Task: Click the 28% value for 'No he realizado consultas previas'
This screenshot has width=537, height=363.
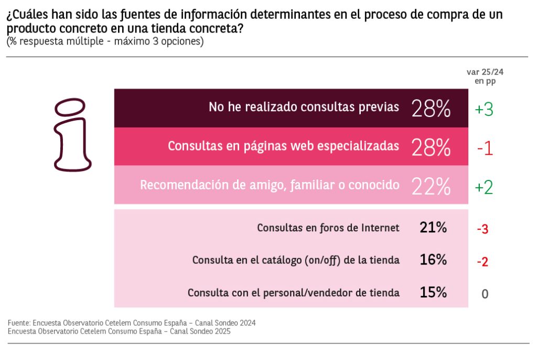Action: tap(431, 109)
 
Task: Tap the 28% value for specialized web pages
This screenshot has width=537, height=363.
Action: tap(431, 147)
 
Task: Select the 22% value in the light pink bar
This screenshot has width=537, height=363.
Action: tap(431, 186)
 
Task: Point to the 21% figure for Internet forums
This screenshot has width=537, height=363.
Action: tap(433, 228)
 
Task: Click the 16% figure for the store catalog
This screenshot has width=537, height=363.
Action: tap(433, 260)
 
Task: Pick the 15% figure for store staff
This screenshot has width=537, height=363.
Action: tap(433, 293)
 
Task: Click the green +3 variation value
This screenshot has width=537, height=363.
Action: tap(484, 110)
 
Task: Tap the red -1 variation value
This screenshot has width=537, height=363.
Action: tap(485, 149)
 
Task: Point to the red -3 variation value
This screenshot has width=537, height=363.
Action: tap(483, 229)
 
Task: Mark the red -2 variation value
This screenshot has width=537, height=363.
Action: tap(483, 261)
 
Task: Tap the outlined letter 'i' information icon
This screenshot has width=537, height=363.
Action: tap(72, 135)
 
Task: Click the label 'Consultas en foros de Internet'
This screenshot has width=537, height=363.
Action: tap(328, 228)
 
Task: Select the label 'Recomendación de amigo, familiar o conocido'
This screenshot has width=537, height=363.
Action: tap(270, 185)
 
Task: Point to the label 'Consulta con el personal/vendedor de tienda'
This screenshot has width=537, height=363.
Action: tap(294, 293)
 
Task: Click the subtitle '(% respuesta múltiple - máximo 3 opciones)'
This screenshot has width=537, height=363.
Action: tap(105, 41)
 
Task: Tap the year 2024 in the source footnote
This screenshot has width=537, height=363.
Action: tap(246, 323)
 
